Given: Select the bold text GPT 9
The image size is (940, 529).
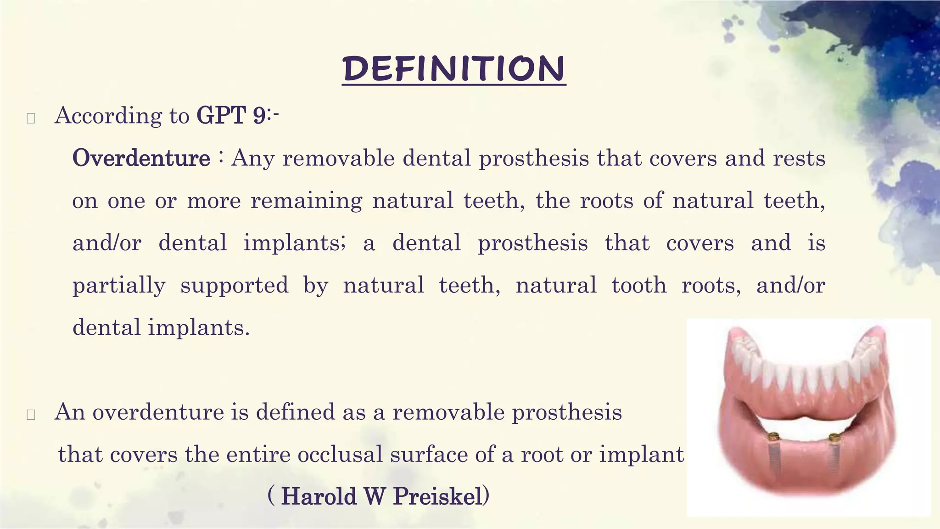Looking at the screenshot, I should (x=230, y=115).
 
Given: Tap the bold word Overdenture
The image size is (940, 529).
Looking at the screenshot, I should (x=141, y=158).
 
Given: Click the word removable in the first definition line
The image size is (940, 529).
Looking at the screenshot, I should (x=338, y=158).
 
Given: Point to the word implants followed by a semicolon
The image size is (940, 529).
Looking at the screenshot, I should (x=293, y=243).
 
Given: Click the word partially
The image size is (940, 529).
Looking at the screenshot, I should (x=119, y=286).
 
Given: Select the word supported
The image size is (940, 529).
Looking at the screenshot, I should (x=234, y=286).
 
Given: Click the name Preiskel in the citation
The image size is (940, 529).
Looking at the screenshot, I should (x=438, y=497).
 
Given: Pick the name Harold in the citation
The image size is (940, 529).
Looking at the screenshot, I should (x=319, y=497).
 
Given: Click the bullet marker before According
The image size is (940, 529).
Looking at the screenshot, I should (x=31, y=118).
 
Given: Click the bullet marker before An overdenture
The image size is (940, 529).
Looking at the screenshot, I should (x=31, y=415).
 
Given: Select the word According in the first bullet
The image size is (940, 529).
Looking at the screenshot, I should (x=108, y=116).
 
